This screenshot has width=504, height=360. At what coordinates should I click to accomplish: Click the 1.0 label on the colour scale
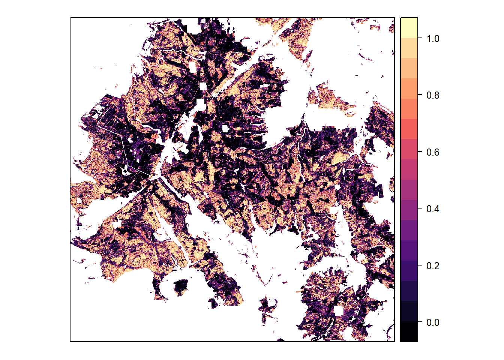[433, 39]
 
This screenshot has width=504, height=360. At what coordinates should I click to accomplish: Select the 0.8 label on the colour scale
[433, 95]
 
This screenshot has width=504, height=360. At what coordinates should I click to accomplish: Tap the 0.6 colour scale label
[433, 152]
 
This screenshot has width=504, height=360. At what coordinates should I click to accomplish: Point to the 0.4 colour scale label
[433, 209]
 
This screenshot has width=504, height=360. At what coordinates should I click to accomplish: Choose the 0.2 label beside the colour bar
[433, 266]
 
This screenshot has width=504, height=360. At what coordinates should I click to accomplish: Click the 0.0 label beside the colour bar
[433, 322]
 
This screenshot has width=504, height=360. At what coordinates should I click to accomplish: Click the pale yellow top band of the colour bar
[409, 28]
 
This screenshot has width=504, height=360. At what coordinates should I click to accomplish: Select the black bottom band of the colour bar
[409, 331]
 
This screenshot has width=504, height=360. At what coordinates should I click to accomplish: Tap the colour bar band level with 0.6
[409, 149]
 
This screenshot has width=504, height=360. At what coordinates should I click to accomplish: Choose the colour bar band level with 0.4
[409, 210]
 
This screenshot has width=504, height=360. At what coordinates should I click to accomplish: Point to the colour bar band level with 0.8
[409, 88]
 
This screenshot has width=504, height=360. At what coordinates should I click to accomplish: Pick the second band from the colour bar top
[409, 48]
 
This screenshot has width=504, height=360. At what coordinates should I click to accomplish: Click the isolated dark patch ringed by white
[181, 286]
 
